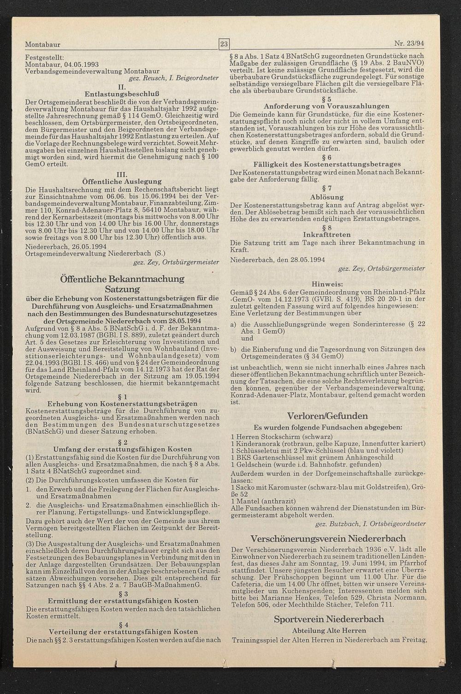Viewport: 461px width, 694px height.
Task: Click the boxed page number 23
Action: click(224, 45)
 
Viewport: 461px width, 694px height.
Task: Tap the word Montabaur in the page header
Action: click(42, 45)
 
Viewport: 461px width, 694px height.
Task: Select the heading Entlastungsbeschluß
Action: click(122, 93)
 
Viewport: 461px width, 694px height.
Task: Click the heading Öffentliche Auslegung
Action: click(122, 181)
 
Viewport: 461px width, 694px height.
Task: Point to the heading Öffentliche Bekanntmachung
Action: click(122, 279)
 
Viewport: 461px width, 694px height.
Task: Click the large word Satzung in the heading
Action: click(122, 289)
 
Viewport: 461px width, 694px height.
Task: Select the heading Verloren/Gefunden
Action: click(327, 416)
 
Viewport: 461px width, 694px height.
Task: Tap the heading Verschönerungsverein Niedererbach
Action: click(328, 538)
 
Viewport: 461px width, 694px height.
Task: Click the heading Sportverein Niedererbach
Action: click(329, 619)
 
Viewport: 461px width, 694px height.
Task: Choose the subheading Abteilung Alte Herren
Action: click(329, 630)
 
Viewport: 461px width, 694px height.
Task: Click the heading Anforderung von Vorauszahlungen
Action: click(327, 106)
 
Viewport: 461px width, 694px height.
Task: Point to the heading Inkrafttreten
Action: click(327, 235)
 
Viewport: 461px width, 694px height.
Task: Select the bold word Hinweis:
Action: click(327, 283)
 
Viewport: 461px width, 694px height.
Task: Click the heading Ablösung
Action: click(327, 197)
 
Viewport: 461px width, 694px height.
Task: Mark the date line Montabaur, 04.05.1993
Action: click(62, 65)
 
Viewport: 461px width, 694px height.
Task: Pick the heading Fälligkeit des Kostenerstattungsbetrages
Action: click(327, 164)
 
